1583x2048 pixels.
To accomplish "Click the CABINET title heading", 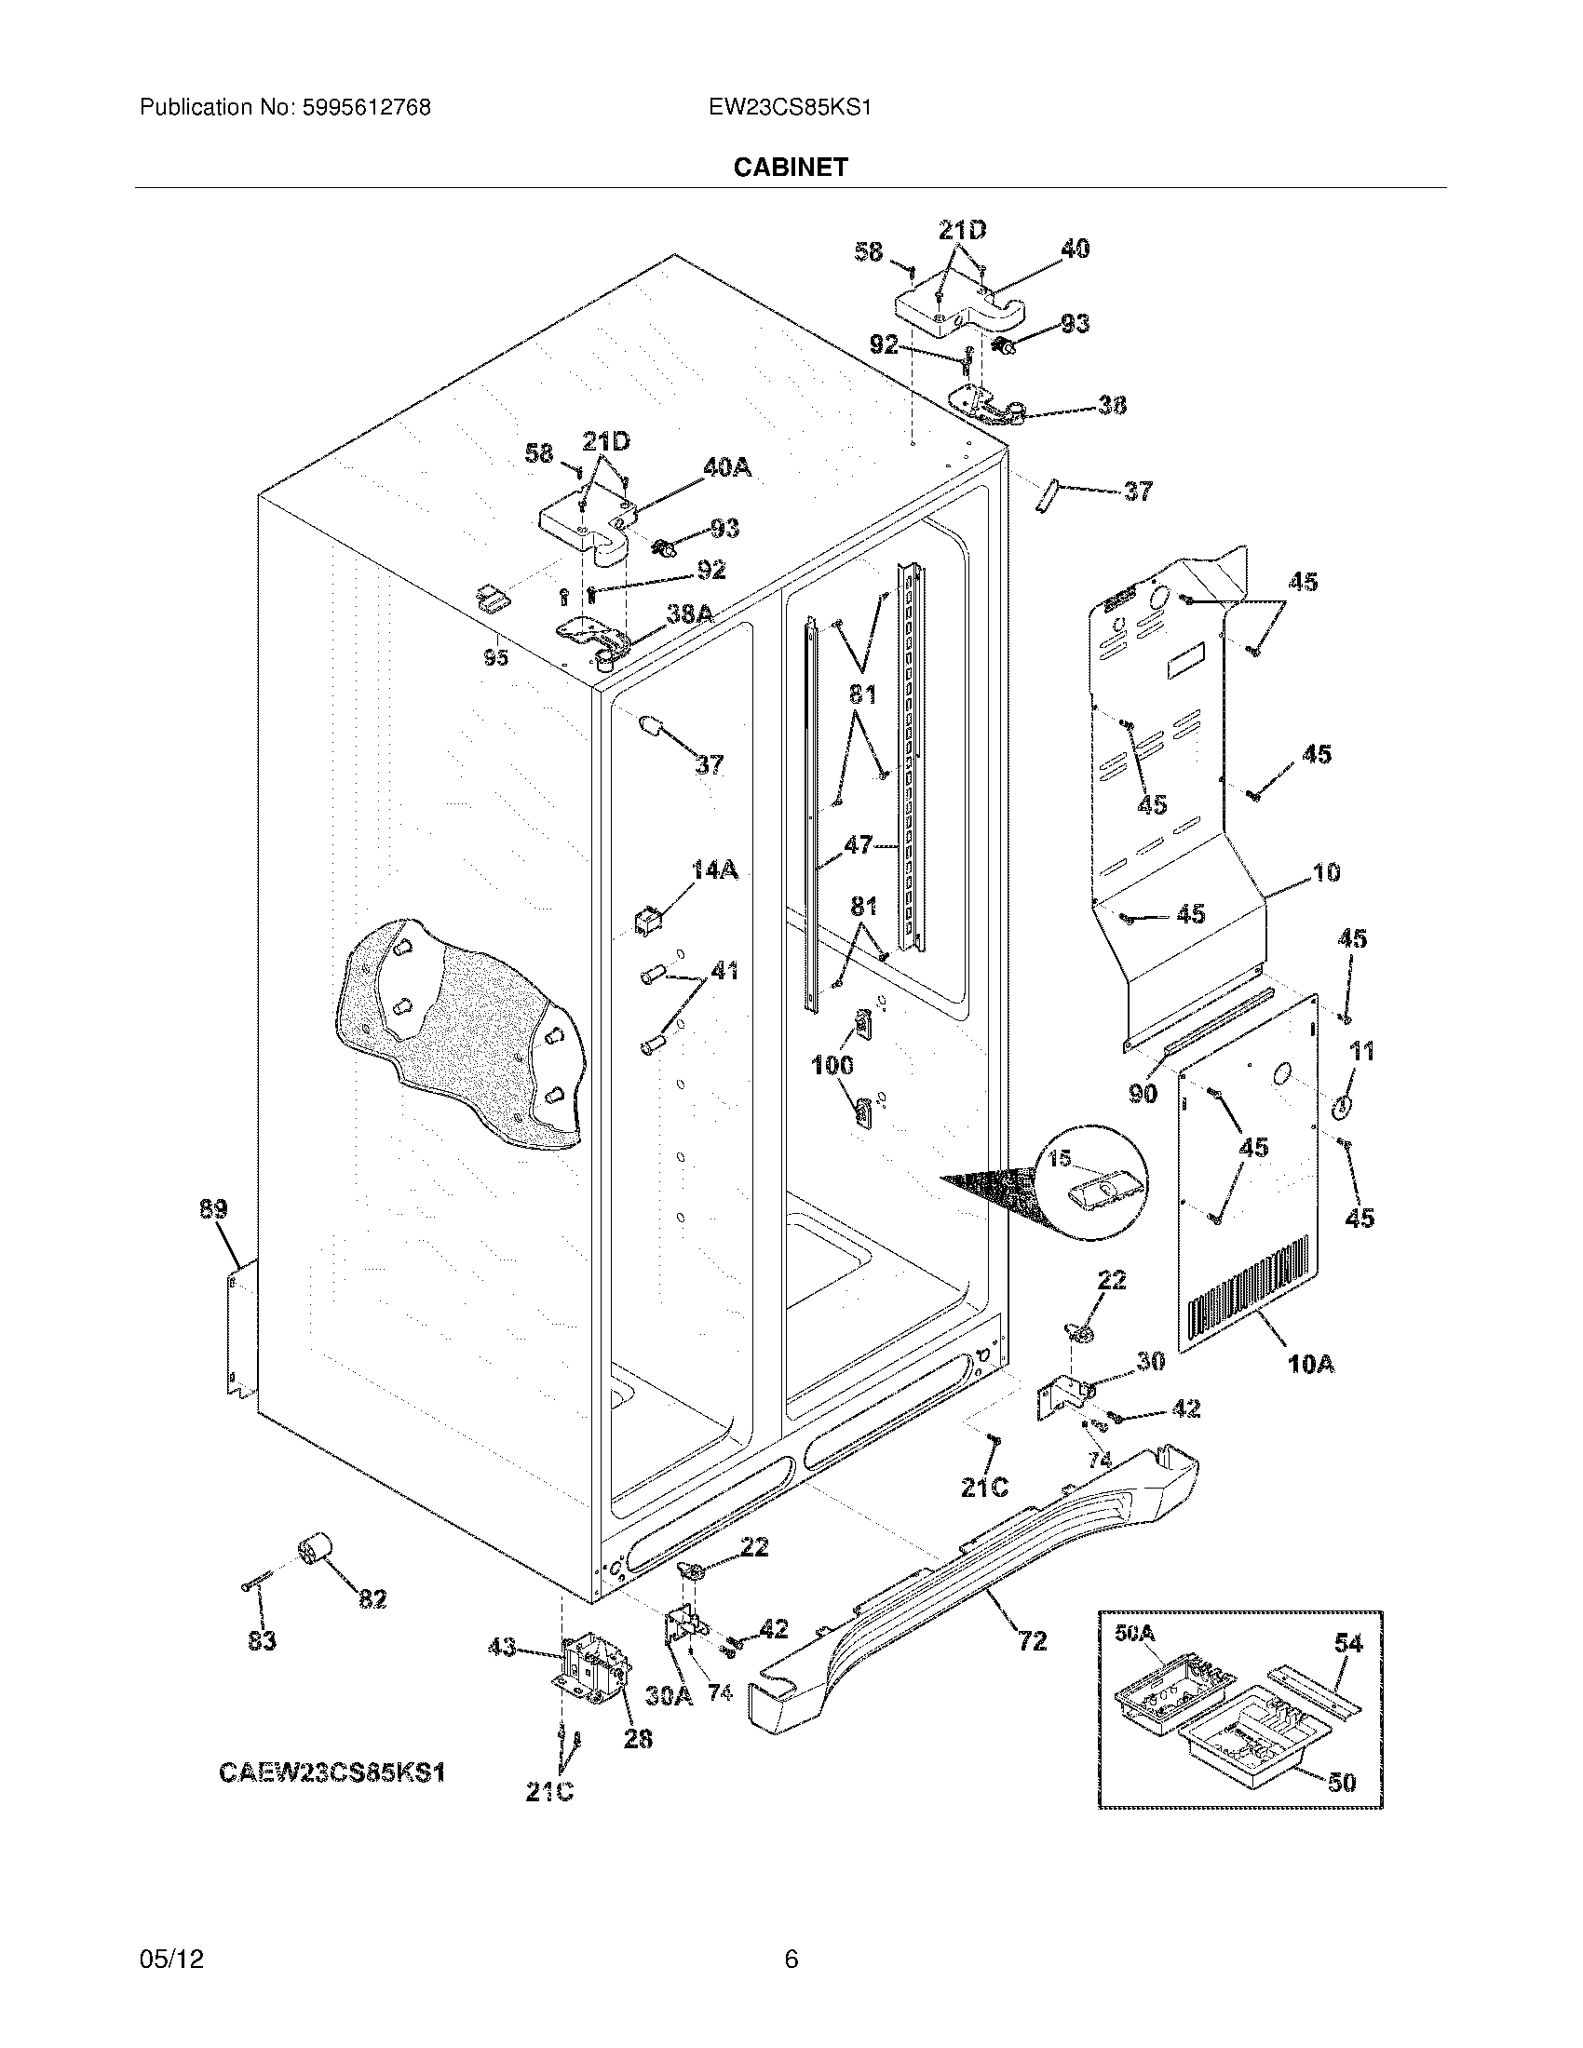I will pos(790,167).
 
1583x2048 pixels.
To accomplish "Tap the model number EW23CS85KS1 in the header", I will pos(790,108).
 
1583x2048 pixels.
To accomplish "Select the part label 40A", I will pos(727,467).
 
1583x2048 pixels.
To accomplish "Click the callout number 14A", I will pos(713,870).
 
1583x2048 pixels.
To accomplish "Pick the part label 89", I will pos(213,1209).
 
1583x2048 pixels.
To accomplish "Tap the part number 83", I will pos(262,1641).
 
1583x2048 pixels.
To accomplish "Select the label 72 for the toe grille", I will pos(1032,1641).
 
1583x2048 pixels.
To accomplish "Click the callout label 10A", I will pos(1310,1364).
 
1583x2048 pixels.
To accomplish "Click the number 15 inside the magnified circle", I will pos(1059,1159).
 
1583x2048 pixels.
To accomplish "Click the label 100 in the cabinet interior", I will pos(832,1065).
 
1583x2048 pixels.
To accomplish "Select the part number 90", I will pos(1143,1094).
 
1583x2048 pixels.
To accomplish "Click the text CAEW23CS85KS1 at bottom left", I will pos(331,1772).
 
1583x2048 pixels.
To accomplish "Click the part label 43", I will pos(503,1647).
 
